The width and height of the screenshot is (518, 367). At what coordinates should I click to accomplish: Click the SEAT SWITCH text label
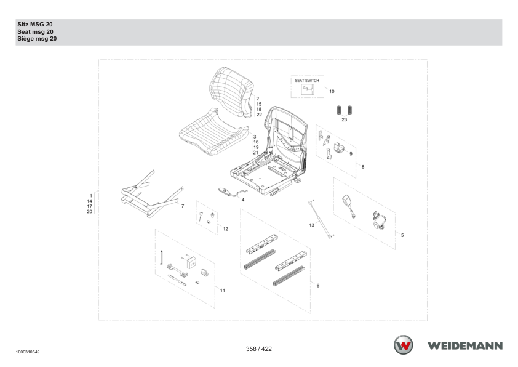pos(307,80)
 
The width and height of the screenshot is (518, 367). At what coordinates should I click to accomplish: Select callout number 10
pos(332,91)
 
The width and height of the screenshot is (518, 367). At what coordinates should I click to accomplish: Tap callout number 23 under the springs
pos(345,119)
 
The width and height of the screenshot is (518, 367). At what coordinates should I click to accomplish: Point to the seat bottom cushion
pos(213,132)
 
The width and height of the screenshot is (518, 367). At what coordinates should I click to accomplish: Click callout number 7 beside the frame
pos(183,206)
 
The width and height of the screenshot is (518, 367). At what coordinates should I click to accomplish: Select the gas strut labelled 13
pos(321,219)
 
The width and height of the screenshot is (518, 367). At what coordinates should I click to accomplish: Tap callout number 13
pos(311,225)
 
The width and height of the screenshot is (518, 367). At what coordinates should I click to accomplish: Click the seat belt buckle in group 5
pos(348,206)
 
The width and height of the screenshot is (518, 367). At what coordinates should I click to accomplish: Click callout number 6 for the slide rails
pos(318,286)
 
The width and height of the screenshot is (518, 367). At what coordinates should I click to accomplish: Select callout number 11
pos(223,291)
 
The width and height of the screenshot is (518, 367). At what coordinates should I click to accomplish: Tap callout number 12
pos(226,229)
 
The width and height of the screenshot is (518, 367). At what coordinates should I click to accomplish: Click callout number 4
pos(243,200)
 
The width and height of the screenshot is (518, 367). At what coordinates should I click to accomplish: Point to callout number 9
pos(351,154)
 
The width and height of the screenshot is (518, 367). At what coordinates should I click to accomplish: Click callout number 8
pos(363,167)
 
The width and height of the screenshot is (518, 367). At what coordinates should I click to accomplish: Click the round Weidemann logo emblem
pos(403,345)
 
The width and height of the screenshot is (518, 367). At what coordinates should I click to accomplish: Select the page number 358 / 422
pos(259,349)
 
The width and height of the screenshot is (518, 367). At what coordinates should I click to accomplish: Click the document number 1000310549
pos(28,352)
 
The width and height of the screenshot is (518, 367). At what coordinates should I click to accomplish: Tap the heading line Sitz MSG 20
pos(35,25)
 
